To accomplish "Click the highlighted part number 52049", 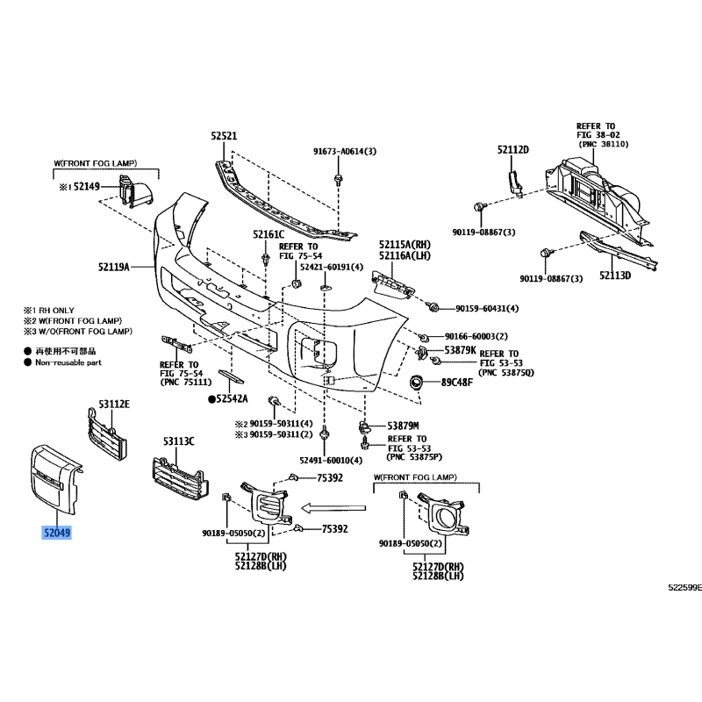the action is (57, 533).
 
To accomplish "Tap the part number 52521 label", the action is (224, 136).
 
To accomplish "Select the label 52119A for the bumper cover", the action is (114, 268).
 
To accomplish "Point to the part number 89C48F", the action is (457, 383).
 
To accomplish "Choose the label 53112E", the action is (114, 405).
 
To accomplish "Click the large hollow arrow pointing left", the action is (333, 508).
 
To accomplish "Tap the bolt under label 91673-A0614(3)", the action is (339, 180).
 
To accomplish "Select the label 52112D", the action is (513, 149).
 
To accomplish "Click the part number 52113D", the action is (615, 276).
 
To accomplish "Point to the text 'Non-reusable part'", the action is (68, 362).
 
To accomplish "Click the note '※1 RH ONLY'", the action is (49, 311).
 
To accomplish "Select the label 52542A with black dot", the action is (228, 398).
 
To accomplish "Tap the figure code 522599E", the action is (685, 587).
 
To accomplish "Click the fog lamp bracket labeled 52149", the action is (134, 191).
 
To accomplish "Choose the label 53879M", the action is (403, 426).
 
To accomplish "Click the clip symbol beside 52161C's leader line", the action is (267, 259).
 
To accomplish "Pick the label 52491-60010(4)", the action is (331, 460).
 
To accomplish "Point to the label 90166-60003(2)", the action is (476, 336).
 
